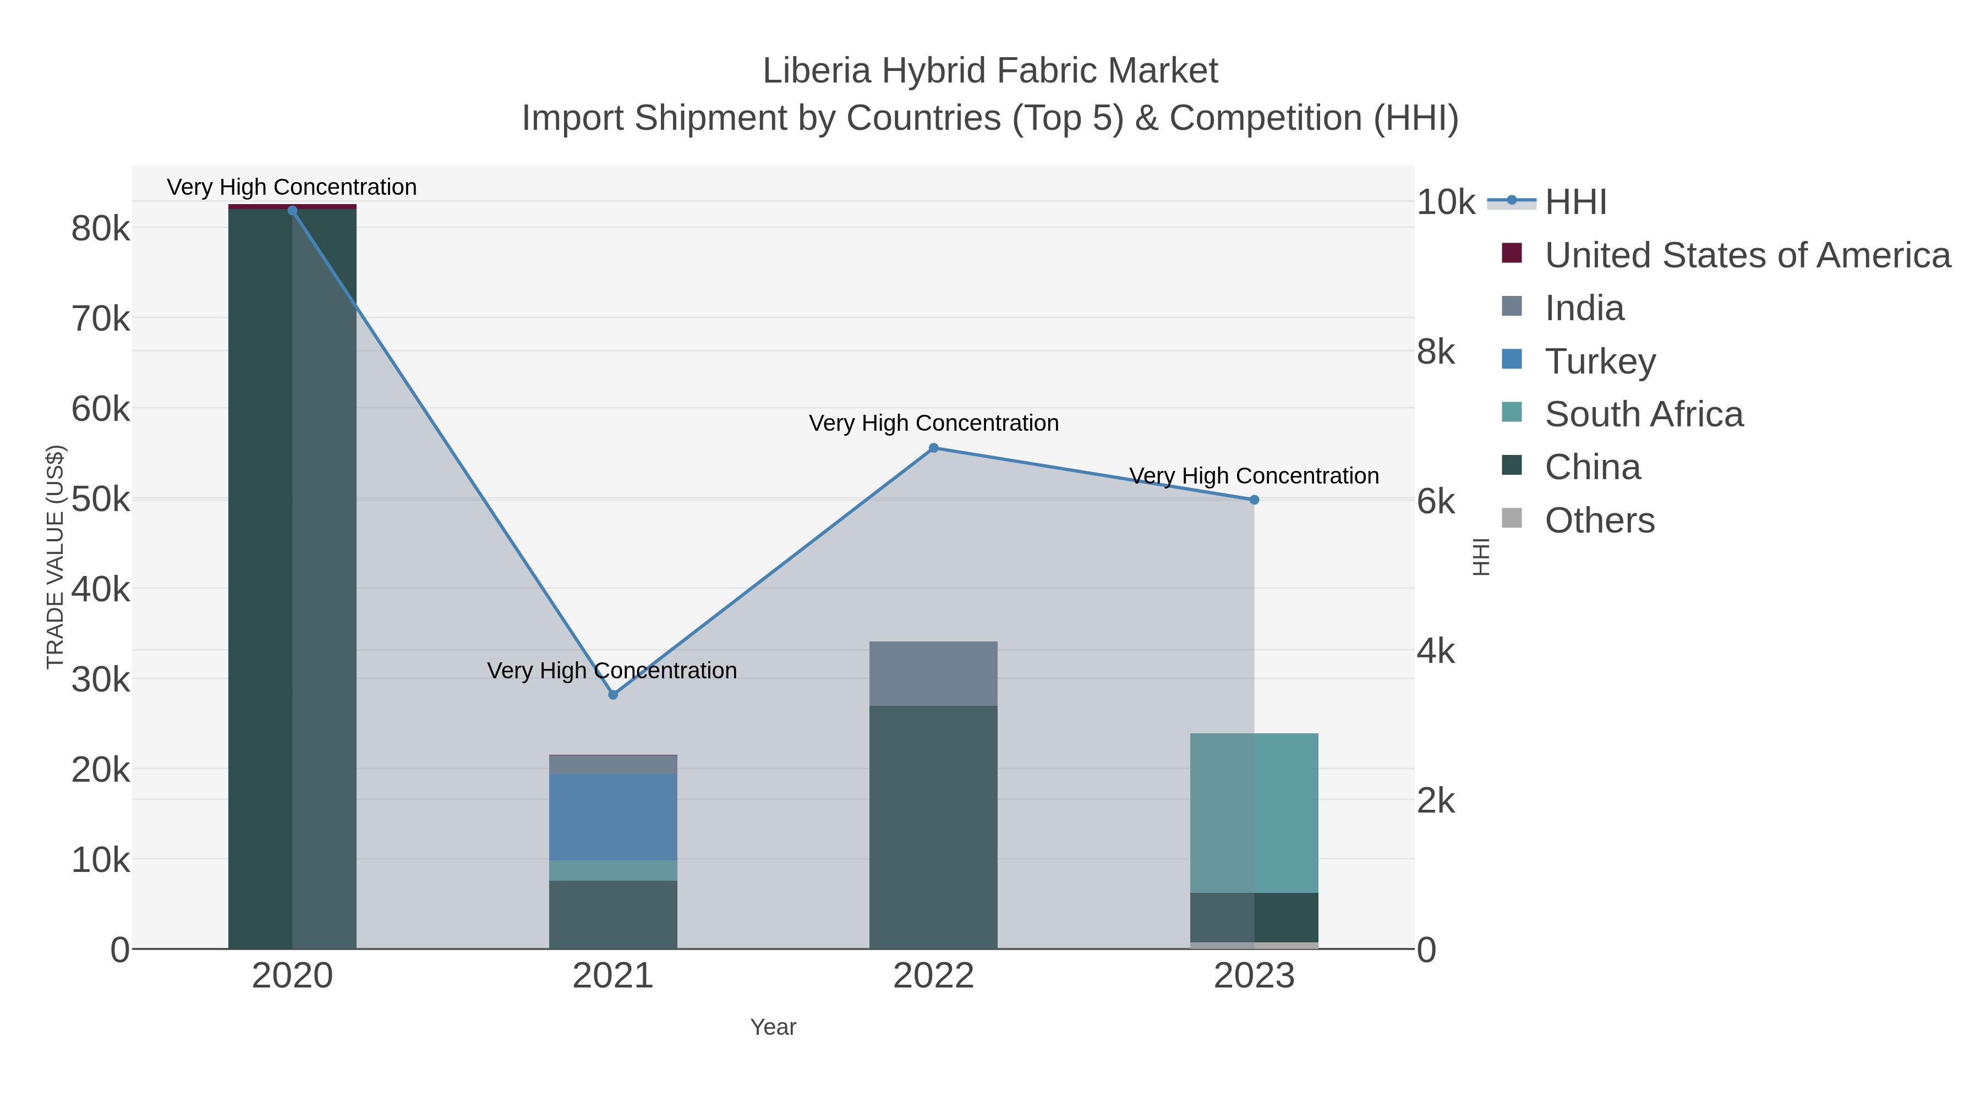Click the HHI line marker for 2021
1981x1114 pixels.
coord(613,695)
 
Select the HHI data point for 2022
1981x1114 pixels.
coord(934,448)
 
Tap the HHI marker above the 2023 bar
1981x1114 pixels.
coord(1254,500)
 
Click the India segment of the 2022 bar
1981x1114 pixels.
coord(934,673)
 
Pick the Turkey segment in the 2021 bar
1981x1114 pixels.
coord(613,817)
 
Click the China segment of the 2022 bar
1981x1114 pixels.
coord(934,826)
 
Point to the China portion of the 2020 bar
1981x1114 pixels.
coord(292,577)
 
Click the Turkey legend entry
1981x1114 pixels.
coord(1600,361)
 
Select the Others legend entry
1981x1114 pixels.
coord(1600,520)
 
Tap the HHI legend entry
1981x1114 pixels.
coord(1575,202)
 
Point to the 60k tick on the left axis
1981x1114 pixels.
coord(101,409)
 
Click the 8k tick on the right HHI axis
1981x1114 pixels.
coord(1436,352)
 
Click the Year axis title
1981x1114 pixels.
coord(773,1027)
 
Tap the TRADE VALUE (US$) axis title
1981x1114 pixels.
coord(56,557)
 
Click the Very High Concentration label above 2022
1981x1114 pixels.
coord(934,423)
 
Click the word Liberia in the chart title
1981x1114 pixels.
coord(817,71)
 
